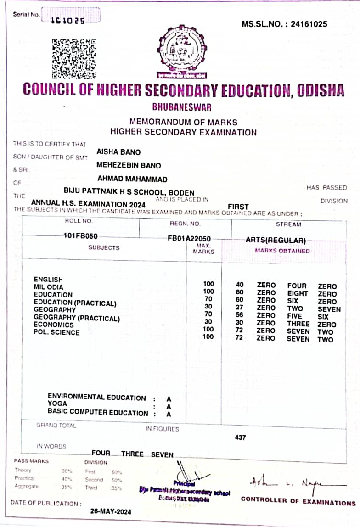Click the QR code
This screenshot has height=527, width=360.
coord(74,58)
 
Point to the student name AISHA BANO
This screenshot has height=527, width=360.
coord(118,152)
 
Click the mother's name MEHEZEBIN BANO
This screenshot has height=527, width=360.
coord(129,165)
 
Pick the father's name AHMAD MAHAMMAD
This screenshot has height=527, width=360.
coord(132,179)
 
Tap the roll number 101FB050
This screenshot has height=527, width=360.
coord(81,235)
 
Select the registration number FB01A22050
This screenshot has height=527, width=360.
coord(189,239)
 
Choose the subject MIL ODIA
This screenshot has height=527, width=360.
coord(49,287)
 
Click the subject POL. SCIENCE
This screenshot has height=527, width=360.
coord(56,332)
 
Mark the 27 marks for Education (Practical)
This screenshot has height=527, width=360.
coord(239,308)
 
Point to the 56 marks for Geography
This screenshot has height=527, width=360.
coord(239,316)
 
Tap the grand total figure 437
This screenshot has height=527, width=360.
coord(240,437)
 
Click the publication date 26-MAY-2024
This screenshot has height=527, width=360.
coord(111,511)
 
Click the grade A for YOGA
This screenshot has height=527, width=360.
coord(169,406)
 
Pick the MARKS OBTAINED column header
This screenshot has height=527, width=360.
coord(282,251)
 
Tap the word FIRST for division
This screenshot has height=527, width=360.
coord(238,207)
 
